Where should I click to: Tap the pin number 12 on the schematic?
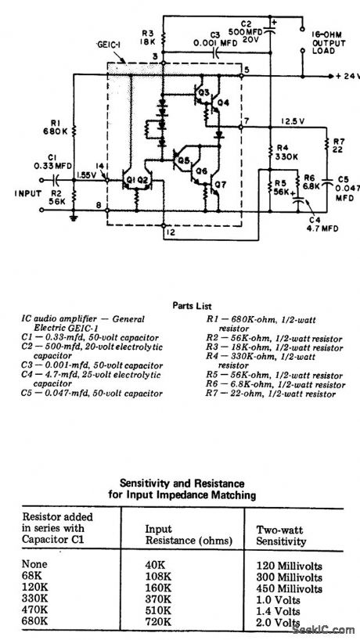point(170,232)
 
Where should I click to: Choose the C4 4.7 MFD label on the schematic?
point(315,225)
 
